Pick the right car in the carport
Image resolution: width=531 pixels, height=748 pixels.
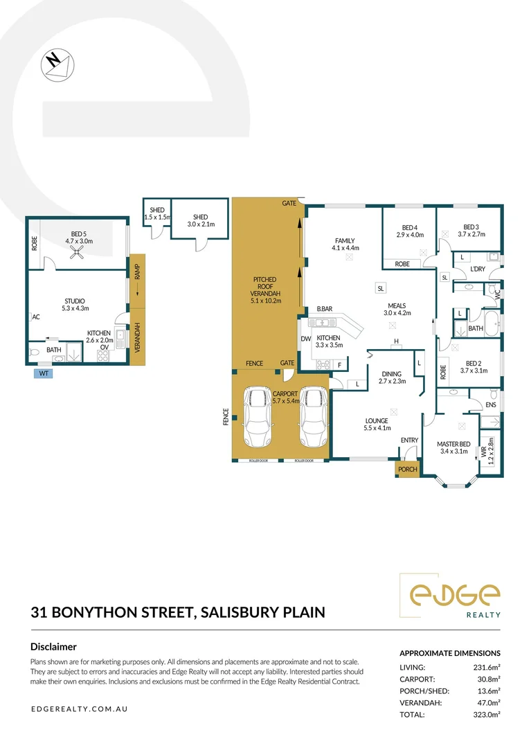pyautogui.click(x=312, y=418)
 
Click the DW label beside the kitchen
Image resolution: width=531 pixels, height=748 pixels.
pyautogui.click(x=305, y=339)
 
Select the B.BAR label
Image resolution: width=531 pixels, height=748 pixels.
pyautogui.click(x=326, y=309)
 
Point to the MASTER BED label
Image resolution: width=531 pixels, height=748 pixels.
pyautogui.click(x=453, y=444)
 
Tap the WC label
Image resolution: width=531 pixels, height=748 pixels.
pyautogui.click(x=496, y=294)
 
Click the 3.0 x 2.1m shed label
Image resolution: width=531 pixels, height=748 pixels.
pyautogui.click(x=200, y=220)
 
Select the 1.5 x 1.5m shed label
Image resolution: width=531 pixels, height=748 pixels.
pyautogui.click(x=156, y=214)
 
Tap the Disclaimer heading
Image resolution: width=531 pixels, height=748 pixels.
pyautogui.click(x=53, y=646)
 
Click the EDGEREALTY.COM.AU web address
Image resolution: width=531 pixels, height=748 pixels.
pyautogui.click(x=80, y=709)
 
